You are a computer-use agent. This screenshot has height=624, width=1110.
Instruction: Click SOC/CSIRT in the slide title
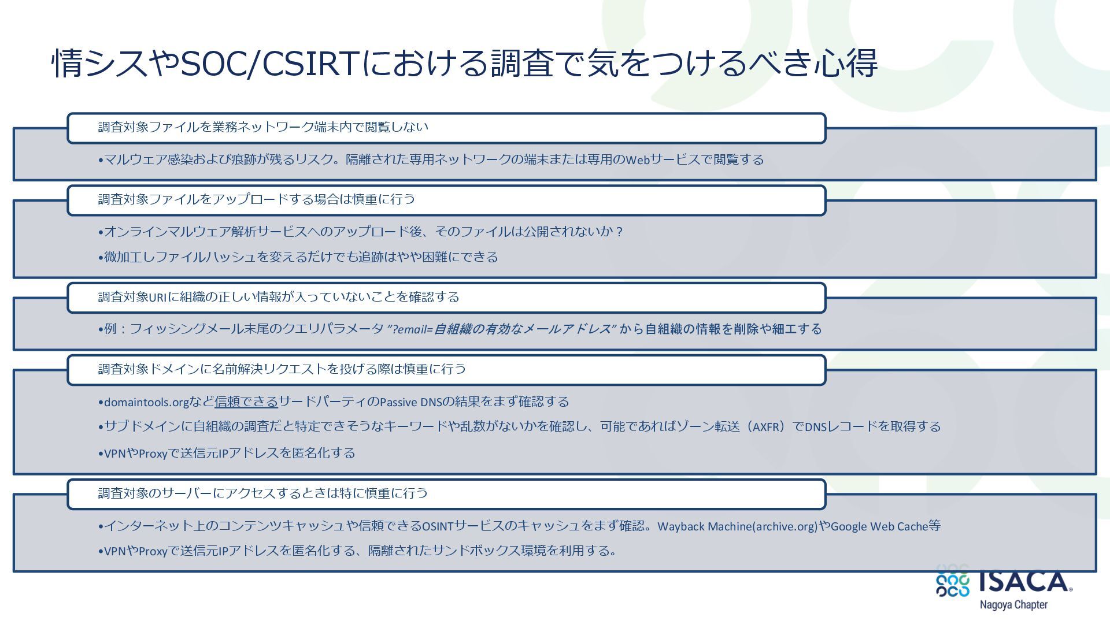268,63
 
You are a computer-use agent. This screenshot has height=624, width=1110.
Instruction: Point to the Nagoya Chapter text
1013,605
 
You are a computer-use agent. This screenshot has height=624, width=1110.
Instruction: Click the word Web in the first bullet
638,160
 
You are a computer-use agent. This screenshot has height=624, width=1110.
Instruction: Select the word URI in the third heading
158,298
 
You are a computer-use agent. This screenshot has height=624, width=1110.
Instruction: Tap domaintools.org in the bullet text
147,402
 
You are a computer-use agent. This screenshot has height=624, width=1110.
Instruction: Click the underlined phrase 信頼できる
246,402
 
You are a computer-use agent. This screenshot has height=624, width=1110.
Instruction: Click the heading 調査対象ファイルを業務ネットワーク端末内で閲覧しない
263,127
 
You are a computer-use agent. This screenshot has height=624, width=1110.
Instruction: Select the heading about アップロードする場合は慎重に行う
256,199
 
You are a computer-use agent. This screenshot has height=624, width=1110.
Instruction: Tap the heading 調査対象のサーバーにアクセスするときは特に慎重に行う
263,493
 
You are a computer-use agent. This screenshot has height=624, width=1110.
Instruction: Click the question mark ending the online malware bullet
620,232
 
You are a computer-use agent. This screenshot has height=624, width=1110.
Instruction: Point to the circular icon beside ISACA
952,581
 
